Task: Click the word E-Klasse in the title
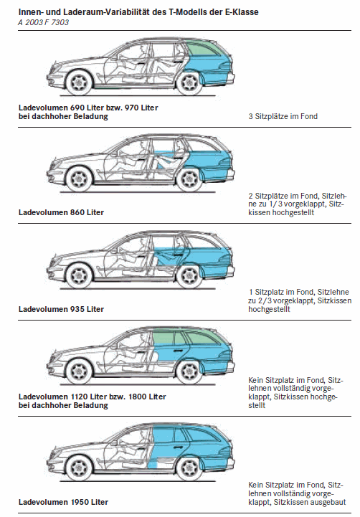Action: [x=243, y=12]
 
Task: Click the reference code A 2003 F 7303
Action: [x=44, y=22]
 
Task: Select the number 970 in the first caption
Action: [x=132, y=108]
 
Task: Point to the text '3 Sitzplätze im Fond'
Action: [x=283, y=116]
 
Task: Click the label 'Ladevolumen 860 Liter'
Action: [x=62, y=212]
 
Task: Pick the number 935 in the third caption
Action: [x=77, y=309]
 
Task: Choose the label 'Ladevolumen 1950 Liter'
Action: [x=63, y=502]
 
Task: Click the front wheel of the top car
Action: [x=79, y=82]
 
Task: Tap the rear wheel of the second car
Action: [x=189, y=179]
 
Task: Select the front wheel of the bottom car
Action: [x=79, y=468]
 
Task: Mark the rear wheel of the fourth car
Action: [x=189, y=371]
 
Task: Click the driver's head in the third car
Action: [x=142, y=243]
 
